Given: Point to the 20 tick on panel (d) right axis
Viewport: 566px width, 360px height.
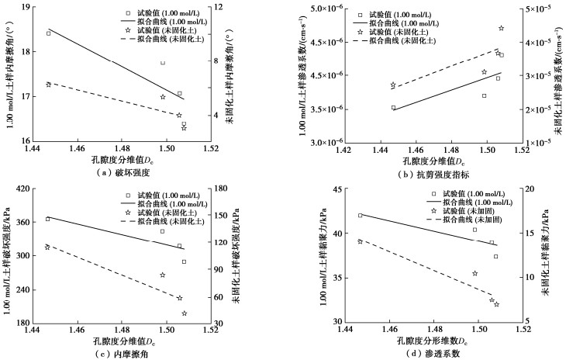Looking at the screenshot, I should [x=530, y=189].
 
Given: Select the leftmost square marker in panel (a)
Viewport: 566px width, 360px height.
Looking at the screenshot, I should [x=48, y=33].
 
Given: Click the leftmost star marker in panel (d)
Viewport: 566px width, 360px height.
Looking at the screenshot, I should [x=360, y=241].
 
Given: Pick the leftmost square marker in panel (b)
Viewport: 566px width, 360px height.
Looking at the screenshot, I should [x=393, y=108].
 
